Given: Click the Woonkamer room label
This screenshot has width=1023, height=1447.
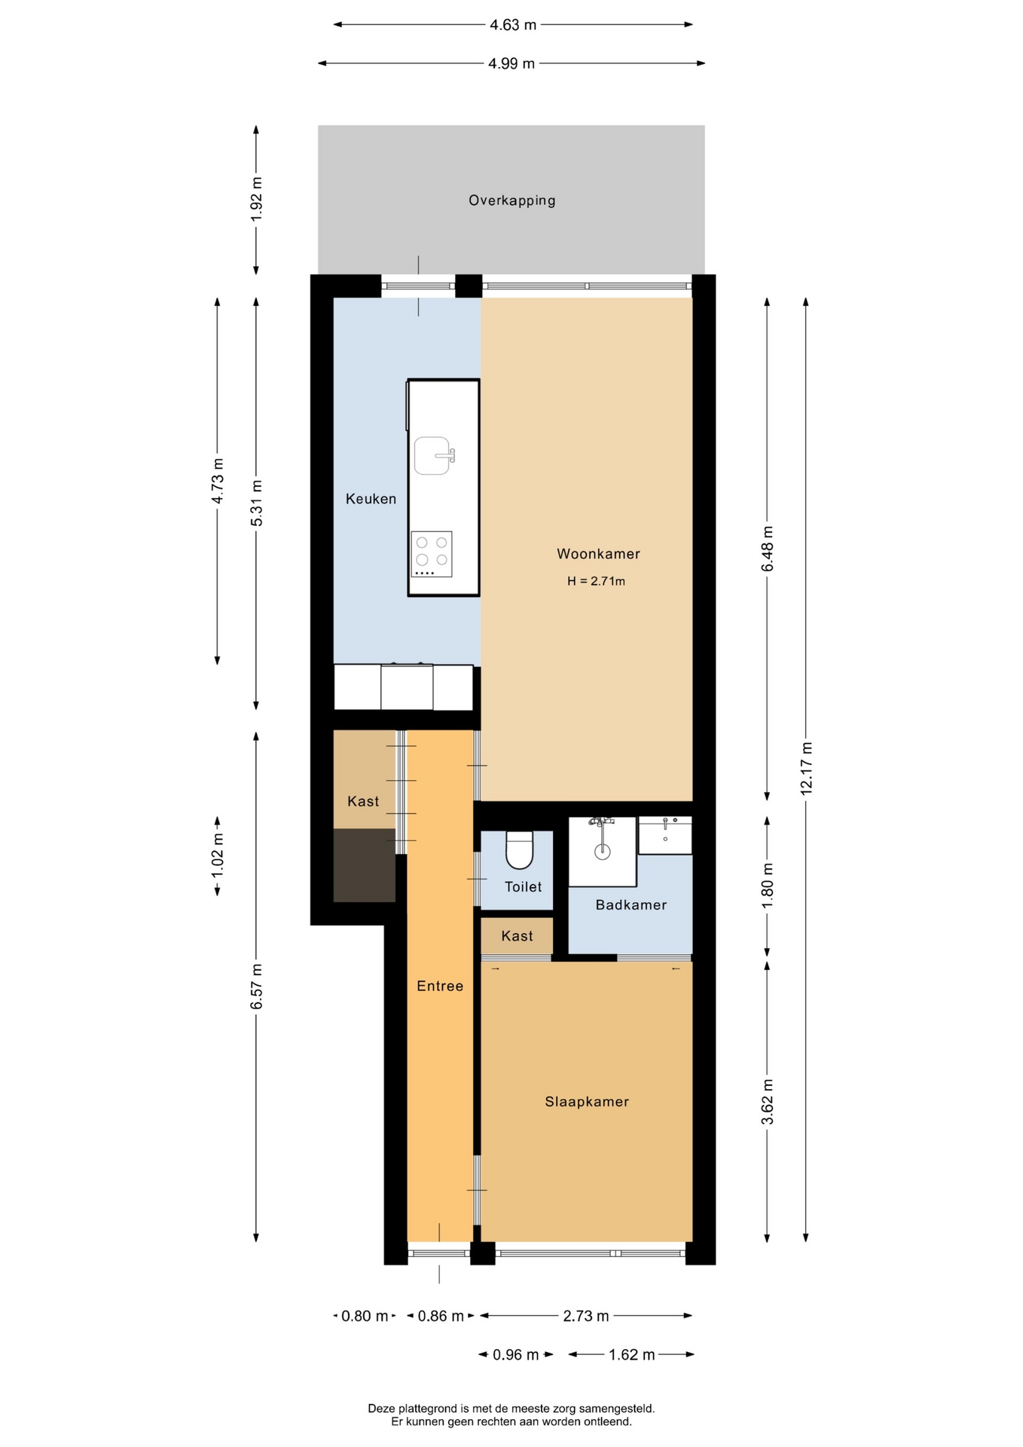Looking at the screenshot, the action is click(598, 554).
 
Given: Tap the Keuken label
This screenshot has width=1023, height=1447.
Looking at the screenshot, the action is click(371, 499).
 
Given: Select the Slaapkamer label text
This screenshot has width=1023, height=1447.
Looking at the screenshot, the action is click(587, 1102).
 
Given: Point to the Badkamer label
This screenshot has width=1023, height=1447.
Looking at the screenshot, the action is click(631, 905).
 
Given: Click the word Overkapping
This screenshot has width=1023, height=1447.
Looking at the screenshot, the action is click(512, 200).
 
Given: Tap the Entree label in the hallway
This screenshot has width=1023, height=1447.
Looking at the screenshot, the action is click(440, 986).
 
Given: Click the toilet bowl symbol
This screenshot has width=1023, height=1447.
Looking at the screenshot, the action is click(520, 849).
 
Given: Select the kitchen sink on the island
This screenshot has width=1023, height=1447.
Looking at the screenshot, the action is click(432, 456).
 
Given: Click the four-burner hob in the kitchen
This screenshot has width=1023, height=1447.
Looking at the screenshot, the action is click(432, 554).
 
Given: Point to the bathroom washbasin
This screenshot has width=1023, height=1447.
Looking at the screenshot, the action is click(665, 835).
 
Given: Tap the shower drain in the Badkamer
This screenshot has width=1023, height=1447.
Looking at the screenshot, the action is click(602, 852).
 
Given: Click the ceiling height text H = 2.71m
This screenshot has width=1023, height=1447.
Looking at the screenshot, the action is click(596, 581).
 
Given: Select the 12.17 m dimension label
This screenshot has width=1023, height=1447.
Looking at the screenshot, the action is click(806, 768).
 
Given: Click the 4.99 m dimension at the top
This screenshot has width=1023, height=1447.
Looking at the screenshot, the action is click(511, 63).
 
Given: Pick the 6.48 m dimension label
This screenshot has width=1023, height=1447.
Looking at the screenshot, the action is click(768, 549).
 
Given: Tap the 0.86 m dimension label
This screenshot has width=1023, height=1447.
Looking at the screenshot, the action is click(441, 1316).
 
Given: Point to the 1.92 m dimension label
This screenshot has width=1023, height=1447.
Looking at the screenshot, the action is click(256, 199).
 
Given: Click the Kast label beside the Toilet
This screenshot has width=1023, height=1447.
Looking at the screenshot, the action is click(517, 936).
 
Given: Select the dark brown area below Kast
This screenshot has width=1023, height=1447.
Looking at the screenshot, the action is click(365, 865).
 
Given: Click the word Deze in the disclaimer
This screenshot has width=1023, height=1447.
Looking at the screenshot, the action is click(381, 1409).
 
